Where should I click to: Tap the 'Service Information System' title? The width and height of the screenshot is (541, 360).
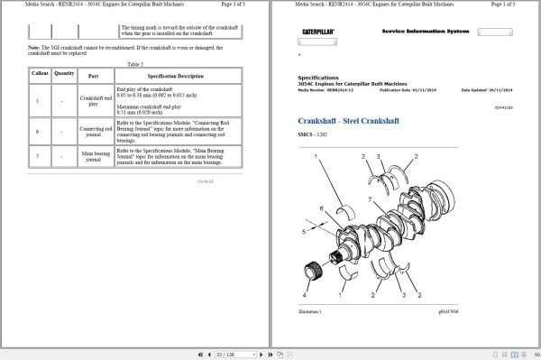[426, 32]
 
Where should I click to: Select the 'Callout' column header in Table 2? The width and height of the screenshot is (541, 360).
[41, 73]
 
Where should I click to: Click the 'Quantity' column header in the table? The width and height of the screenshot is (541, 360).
[64, 73]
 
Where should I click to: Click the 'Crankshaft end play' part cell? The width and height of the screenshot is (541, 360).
[96, 101]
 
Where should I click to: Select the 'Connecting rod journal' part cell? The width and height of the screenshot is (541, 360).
[96, 132]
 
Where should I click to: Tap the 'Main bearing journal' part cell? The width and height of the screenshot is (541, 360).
[96, 157]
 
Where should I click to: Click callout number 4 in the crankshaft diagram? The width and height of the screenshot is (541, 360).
[304, 295]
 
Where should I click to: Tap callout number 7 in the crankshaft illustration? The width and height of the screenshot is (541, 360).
[370, 199]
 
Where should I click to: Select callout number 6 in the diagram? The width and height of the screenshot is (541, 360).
[322, 208]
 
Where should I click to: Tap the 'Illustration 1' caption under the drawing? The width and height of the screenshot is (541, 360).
[311, 310]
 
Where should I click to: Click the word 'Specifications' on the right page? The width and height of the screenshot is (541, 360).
[317, 78]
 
